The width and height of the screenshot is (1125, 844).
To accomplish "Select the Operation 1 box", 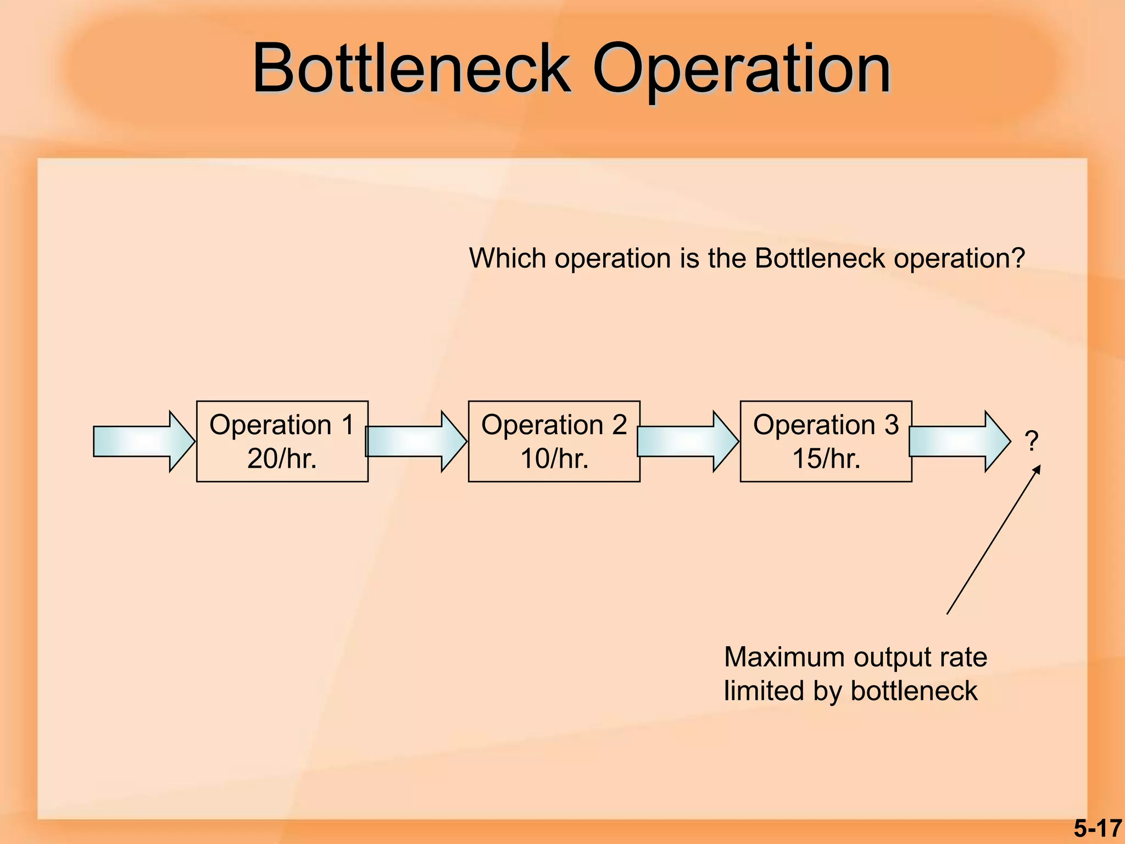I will (282, 441).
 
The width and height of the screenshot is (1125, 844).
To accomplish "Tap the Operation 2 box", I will (554, 441).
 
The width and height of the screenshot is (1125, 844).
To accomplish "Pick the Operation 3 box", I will (826, 441).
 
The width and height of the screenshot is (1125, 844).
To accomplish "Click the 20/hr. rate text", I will (282, 458).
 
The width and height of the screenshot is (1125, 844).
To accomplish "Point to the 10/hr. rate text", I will (554, 458).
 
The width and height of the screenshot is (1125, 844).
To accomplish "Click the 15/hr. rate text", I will (826, 458).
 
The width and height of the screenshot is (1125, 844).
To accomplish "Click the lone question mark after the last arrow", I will (1032, 441).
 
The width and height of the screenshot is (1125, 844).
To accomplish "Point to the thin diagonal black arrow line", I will (993, 540).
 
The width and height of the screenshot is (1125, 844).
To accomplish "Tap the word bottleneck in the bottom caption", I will (914, 691).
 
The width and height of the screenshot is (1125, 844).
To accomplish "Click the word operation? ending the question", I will (959, 259).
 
